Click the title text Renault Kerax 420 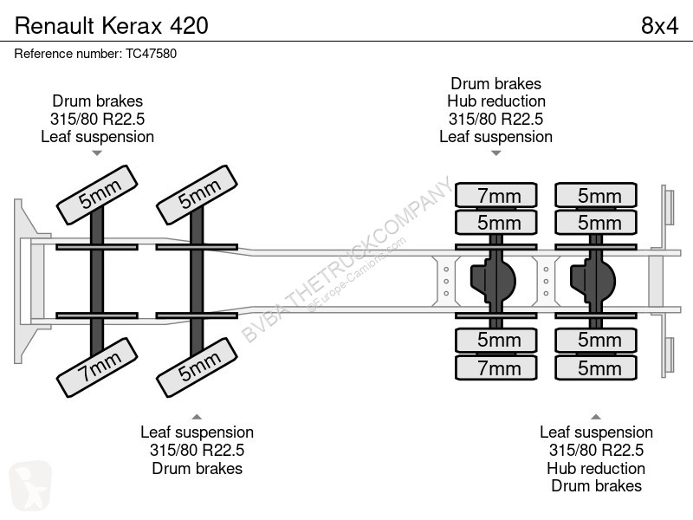[x=112, y=26]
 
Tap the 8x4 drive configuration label [x=659, y=26]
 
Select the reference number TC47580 [x=151, y=54]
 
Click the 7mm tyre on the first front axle [x=97, y=367]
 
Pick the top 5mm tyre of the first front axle [x=97, y=195]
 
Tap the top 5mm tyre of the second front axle [x=198, y=195]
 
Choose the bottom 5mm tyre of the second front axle [x=198, y=367]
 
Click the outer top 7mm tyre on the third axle [x=496, y=195]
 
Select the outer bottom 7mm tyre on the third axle [x=496, y=367]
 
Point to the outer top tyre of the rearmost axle [x=596, y=195]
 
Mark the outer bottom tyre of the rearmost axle [x=596, y=367]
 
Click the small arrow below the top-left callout [x=97, y=153]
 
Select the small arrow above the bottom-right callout [x=596, y=417]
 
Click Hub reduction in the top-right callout [x=495, y=101]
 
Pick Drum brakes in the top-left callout [x=97, y=101]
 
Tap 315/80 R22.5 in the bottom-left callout [x=198, y=450]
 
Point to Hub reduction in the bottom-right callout [x=596, y=468]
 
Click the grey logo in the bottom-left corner [x=30, y=485]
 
